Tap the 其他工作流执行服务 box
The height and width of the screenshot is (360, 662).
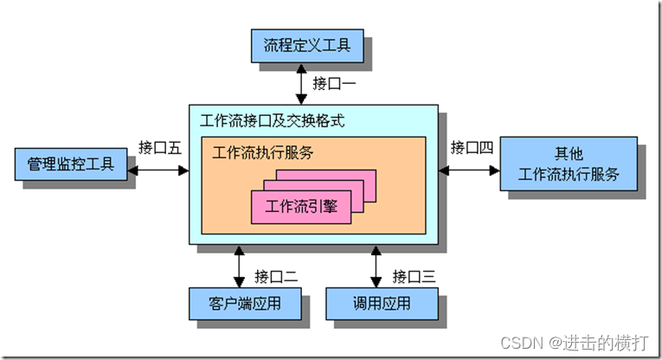pyautogui.click(x=569, y=164)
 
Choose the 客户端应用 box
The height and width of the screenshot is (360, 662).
pyautogui.click(x=245, y=304)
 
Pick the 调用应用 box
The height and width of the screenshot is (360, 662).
pyautogui.click(x=381, y=304)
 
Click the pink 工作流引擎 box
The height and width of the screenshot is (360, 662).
pyautogui.click(x=301, y=206)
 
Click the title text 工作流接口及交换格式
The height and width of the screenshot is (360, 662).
pyautogui.click(x=272, y=120)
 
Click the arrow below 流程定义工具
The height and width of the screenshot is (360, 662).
pyautogui.click(x=299, y=84)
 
